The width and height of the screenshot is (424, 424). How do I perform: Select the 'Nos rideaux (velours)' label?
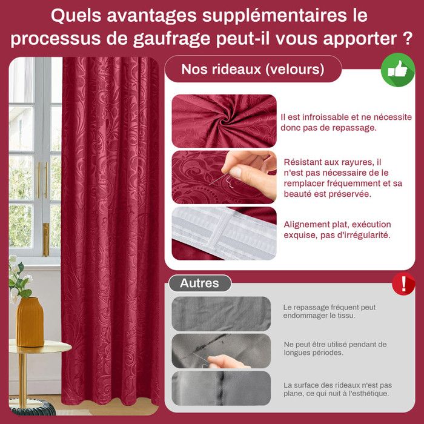[x=253, y=69]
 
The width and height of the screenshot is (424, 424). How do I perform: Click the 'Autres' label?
[x=199, y=283]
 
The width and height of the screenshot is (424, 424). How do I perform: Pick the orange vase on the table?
[x=30, y=322]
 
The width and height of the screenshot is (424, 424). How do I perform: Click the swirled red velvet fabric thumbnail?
[x=224, y=120]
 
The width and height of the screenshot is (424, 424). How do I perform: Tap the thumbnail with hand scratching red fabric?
[x=224, y=176]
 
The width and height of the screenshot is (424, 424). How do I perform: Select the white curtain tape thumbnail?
[x=224, y=233]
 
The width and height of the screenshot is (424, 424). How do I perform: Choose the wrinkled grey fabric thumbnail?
[x=220, y=313]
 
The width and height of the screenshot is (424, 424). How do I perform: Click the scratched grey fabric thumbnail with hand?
[x=220, y=351]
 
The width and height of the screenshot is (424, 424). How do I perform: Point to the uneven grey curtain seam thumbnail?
[x=220, y=388]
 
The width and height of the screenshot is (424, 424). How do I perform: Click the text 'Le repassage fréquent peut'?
[x=330, y=307]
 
